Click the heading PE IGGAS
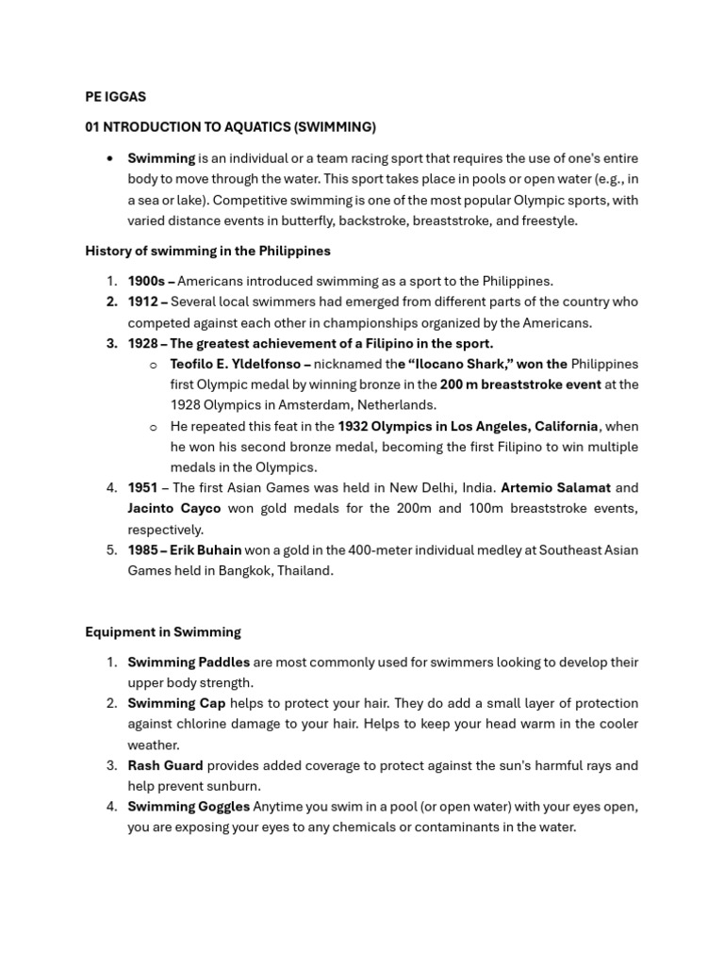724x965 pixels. [x=115, y=96]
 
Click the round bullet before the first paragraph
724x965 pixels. [x=110, y=158]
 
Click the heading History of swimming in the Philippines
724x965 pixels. [x=207, y=251]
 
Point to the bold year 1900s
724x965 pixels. [x=146, y=281]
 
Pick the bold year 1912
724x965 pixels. [x=143, y=302]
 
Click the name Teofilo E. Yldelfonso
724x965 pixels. [x=235, y=364]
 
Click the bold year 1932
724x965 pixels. [x=354, y=426]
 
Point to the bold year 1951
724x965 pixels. [x=142, y=488]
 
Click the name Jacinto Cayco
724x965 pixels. [x=174, y=509]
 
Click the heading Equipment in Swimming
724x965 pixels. [x=163, y=631]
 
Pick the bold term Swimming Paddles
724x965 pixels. [x=189, y=662]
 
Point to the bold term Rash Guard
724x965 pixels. [x=165, y=765]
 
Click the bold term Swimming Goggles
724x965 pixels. [x=189, y=807]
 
